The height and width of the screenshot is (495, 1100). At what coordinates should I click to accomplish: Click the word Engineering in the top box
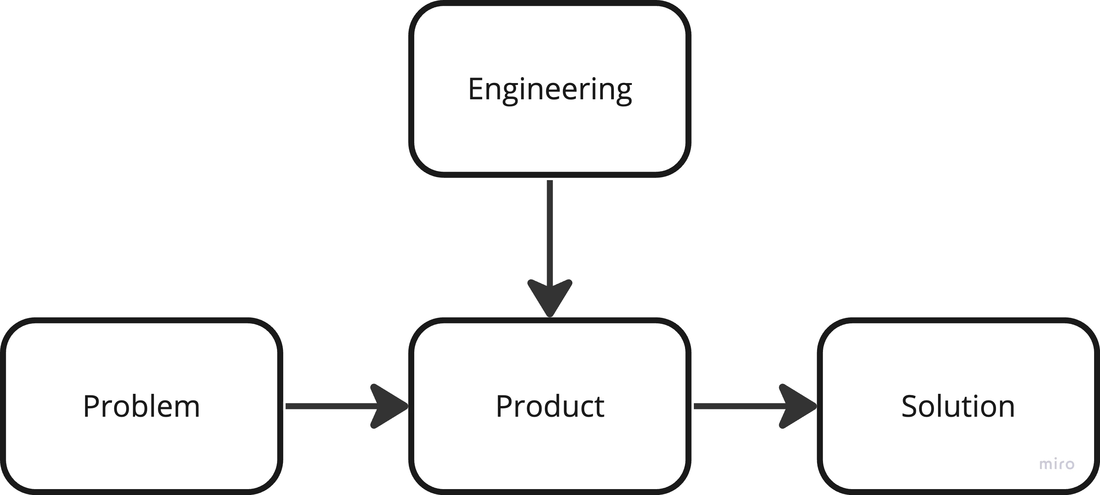pos(550,90)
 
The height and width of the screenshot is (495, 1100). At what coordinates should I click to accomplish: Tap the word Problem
pos(141,406)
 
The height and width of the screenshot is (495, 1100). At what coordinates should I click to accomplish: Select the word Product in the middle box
pos(550,406)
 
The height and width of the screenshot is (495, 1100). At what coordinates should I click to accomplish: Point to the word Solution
pos(957,406)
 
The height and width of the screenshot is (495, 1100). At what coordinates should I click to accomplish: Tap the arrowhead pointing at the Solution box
pos(794,406)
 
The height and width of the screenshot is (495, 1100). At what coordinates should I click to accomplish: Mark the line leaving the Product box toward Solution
pos(734,406)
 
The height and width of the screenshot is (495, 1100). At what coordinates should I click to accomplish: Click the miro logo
pos(1056,463)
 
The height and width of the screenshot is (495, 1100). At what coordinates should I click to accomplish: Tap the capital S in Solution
pos(908,406)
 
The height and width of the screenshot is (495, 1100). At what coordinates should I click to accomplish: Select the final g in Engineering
pos(625,93)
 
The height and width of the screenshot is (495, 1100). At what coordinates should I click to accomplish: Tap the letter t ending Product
pos(599,407)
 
